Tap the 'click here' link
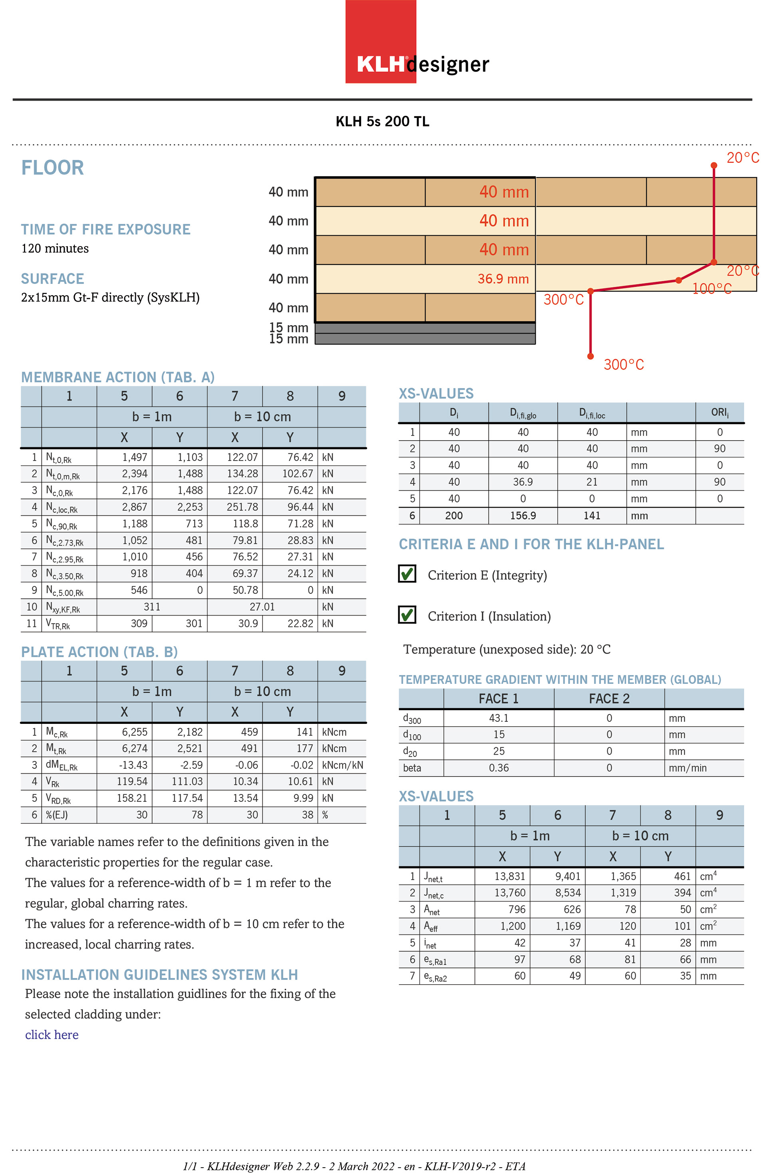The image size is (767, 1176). (52, 1034)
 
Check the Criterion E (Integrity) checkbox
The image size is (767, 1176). (407, 574)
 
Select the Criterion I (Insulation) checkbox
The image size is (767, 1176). (407, 615)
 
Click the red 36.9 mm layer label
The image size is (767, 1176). (503, 279)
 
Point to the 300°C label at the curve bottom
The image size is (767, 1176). (623, 365)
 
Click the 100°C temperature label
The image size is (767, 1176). (711, 289)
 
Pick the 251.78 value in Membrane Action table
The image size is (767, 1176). (242, 507)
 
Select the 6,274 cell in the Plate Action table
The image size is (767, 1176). (134, 749)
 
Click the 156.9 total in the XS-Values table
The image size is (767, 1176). (523, 516)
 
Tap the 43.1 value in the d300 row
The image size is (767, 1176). (498, 718)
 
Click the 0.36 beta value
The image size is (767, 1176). (498, 768)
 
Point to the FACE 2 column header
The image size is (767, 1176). (608, 699)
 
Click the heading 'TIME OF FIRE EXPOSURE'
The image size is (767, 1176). (105, 229)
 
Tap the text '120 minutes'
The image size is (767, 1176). (55, 248)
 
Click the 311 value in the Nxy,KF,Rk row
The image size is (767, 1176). (152, 607)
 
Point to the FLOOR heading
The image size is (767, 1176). (52, 168)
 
